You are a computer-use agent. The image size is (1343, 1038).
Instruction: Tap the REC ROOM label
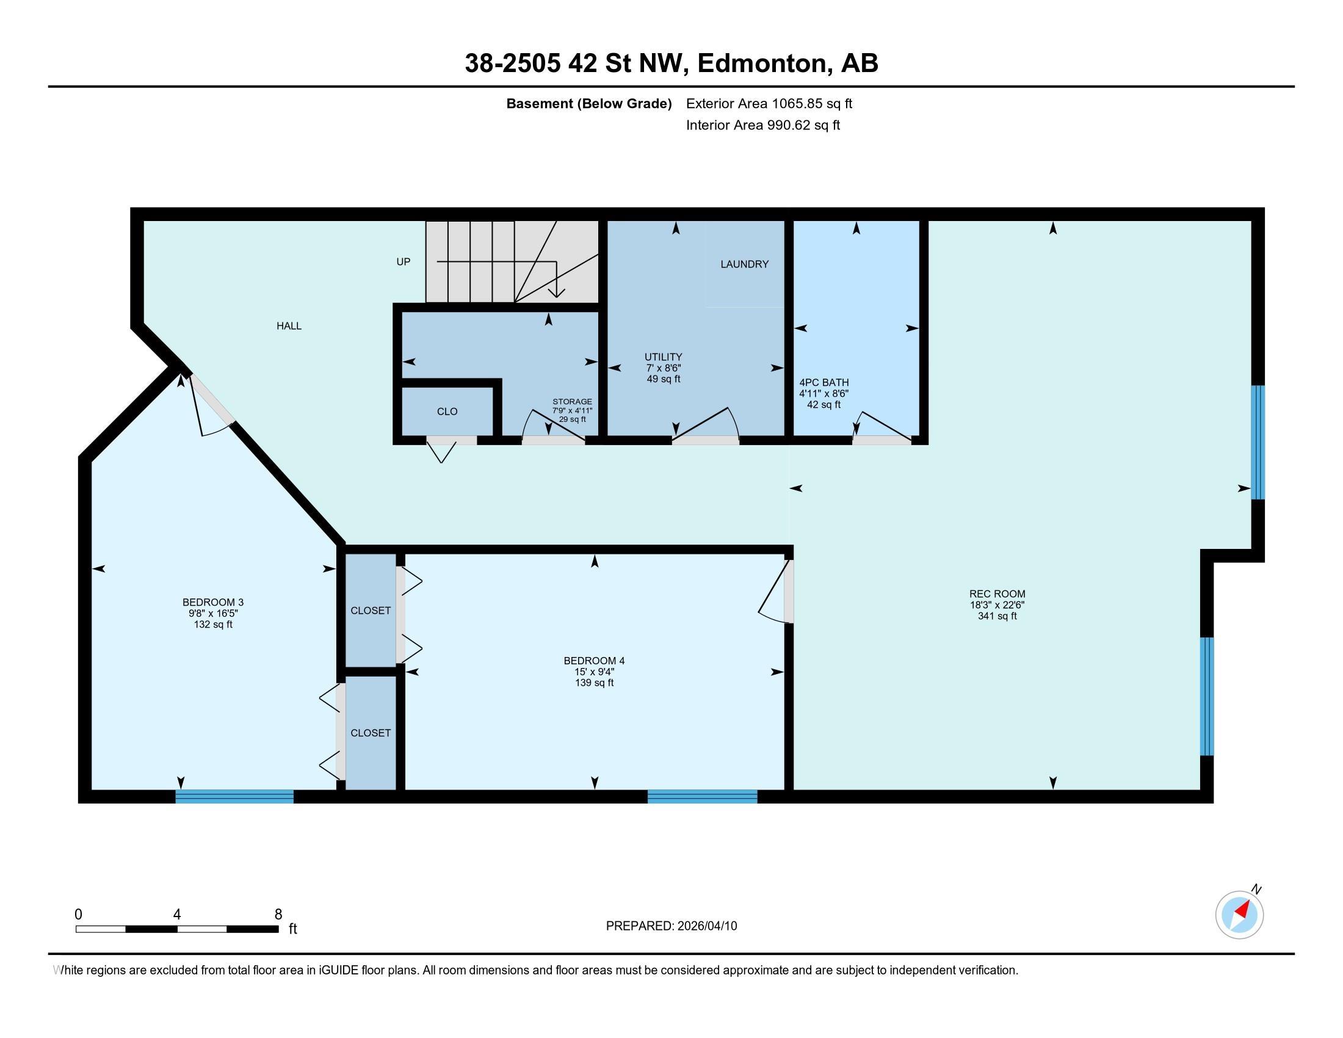[997, 594]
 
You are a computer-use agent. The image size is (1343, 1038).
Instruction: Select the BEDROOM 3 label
[214, 602]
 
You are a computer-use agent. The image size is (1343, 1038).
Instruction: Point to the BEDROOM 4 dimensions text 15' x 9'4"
[594, 672]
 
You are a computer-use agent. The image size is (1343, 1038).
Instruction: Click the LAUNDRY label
[745, 264]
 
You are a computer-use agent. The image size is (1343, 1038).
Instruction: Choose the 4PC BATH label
[824, 382]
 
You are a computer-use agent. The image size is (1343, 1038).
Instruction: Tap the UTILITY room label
[664, 357]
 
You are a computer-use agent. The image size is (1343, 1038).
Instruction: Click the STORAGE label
[573, 402]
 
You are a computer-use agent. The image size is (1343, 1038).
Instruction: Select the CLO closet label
[447, 412]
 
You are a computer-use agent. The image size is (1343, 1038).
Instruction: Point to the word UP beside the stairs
[404, 262]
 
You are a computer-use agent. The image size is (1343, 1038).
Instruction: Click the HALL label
[289, 326]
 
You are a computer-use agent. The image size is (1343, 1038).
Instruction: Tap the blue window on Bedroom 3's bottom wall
[234, 796]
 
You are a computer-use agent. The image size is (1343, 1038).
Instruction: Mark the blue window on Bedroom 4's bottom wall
[702, 796]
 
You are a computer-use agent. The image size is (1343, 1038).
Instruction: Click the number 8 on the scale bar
[278, 914]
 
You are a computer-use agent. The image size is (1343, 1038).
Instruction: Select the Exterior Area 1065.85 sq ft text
[769, 103]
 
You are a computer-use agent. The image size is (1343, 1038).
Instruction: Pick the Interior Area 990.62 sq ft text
[763, 125]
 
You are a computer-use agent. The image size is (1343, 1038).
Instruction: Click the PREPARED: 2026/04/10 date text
[671, 926]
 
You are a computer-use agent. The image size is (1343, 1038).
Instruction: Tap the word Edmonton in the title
[762, 64]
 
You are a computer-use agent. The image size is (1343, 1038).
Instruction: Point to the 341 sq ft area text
[997, 615]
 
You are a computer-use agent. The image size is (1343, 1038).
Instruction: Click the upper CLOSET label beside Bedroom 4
[371, 611]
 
